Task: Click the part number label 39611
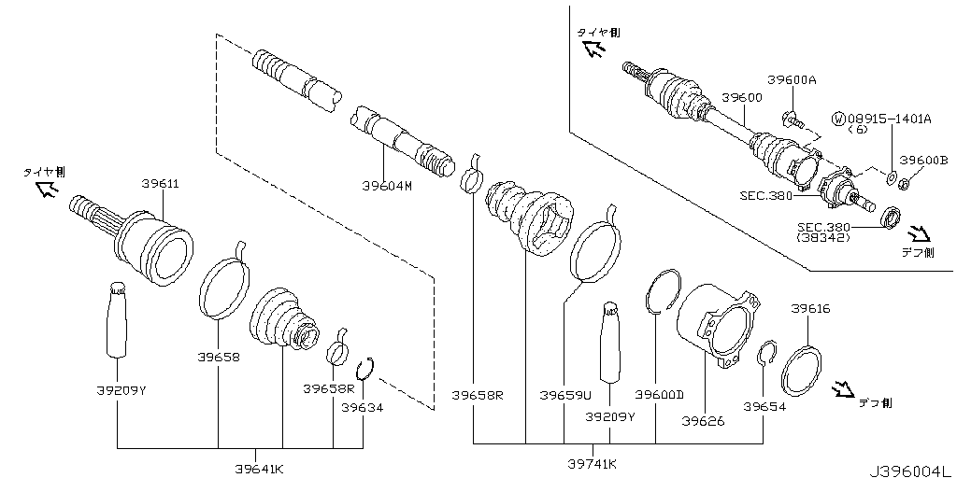coord(160,184)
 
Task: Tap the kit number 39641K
coord(259,467)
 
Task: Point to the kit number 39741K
coord(593,463)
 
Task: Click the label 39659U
coord(565,395)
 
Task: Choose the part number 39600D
coord(660,395)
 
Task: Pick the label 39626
coord(703,421)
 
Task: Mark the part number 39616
coord(810,308)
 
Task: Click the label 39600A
coord(792,80)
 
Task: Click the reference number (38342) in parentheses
coord(817,238)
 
